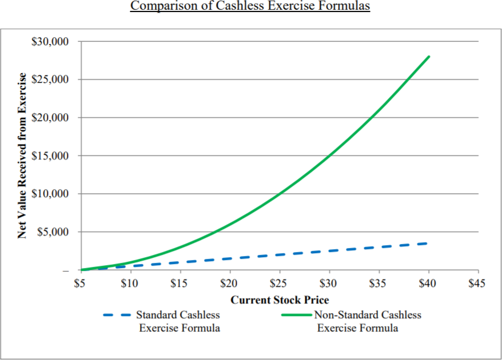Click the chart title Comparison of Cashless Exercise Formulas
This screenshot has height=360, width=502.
(250, 6)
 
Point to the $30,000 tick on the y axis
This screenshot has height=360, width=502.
(50, 42)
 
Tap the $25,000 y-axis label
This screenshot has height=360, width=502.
(50, 79)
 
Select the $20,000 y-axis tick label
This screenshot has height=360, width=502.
(50, 118)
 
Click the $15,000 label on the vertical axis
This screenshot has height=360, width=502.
(50, 156)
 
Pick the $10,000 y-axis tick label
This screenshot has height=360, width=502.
(50, 194)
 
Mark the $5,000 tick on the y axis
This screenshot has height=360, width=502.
(53, 232)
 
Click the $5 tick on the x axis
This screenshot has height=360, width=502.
(79, 283)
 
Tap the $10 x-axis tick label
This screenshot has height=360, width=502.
(129, 283)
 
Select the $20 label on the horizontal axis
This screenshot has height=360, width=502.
(229, 283)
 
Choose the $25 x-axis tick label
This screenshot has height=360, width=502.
(278, 283)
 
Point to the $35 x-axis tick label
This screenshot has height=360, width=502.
(377, 283)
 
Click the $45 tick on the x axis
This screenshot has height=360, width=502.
(477, 283)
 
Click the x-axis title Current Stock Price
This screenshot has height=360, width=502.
(280, 300)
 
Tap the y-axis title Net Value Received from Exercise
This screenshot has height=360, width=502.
(22, 155)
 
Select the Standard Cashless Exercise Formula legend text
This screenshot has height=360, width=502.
(178, 322)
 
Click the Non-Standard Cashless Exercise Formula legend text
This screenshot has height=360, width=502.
(368, 322)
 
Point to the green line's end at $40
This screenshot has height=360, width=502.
(429, 57)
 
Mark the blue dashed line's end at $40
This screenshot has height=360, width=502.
(427, 243)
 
